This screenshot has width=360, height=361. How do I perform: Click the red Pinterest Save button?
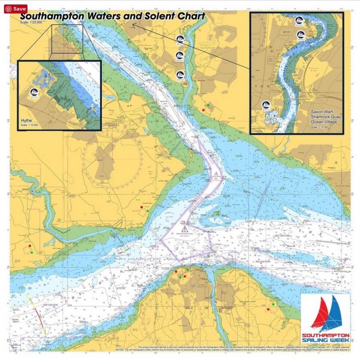pyautogui.click(x=16, y=8)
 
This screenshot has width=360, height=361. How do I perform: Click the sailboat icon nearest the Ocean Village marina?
pyautogui.click(x=266, y=105)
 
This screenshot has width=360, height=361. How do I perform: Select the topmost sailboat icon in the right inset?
pyautogui.click(x=299, y=20)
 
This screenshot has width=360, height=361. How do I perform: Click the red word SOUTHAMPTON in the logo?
pyautogui.click(x=325, y=335)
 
